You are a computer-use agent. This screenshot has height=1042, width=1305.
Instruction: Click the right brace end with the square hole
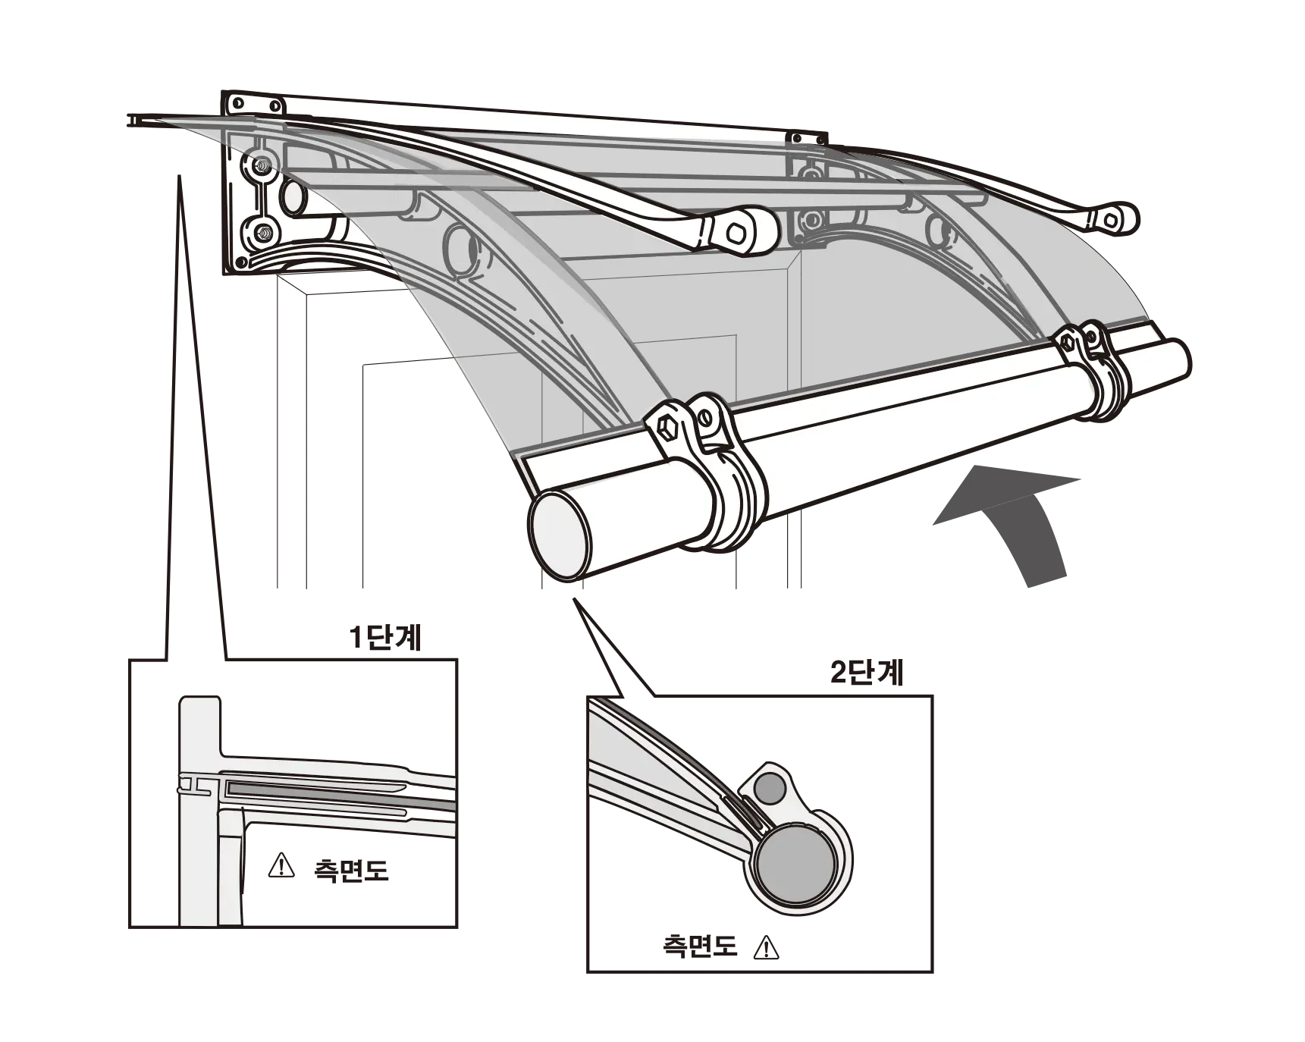(x=1113, y=219)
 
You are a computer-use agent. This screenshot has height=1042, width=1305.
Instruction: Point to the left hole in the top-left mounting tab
(x=238, y=102)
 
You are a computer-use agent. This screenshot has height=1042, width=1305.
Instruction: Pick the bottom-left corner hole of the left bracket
(x=240, y=262)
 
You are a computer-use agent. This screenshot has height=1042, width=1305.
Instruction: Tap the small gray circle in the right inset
(x=772, y=789)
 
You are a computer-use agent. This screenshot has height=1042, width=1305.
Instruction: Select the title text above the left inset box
(x=384, y=639)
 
